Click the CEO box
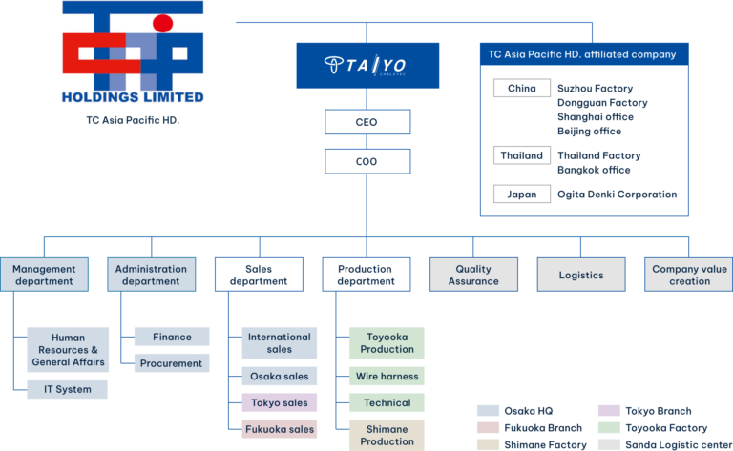pyautogui.click(x=367, y=122)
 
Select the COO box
pyautogui.click(x=367, y=161)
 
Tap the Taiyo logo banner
pyautogui.click(x=367, y=65)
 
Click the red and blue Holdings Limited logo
pyautogui.click(x=133, y=52)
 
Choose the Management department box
pyautogui.click(x=44, y=275)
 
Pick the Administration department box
pyautogui.click(x=151, y=275)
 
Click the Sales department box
pyautogui.click(x=259, y=275)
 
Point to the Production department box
pyautogui.click(x=366, y=275)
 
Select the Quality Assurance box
pyautogui.click(x=473, y=275)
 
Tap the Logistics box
pyautogui.click(x=581, y=275)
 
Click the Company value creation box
pyautogui.click(x=688, y=275)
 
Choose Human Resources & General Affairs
pyautogui.click(x=68, y=349)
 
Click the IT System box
pyautogui.click(x=68, y=389)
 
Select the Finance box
pyautogui.click(x=172, y=337)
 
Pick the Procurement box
pyautogui.click(x=172, y=363)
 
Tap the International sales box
pyautogui.click(x=279, y=342)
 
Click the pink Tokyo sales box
pyautogui.click(x=279, y=402)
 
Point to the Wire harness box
pyautogui.click(x=387, y=376)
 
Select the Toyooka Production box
pyautogui.click(x=387, y=342)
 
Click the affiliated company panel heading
pyautogui.click(x=581, y=54)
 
